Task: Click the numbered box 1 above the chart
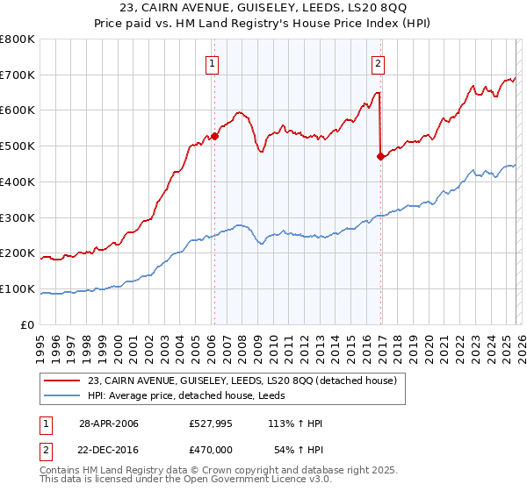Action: [213, 63]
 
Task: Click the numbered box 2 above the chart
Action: [378, 63]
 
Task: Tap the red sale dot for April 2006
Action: [214, 136]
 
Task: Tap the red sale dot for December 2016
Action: [380, 157]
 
